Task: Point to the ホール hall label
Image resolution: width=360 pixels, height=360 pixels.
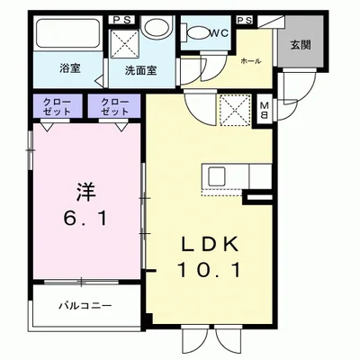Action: [251, 61]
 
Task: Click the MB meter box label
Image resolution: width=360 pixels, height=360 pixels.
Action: [264, 111]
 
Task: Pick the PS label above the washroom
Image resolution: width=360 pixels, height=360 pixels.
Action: [121, 18]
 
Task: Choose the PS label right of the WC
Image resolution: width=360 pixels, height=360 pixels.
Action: [243, 18]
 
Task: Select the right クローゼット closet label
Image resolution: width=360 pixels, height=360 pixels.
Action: [113, 106]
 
